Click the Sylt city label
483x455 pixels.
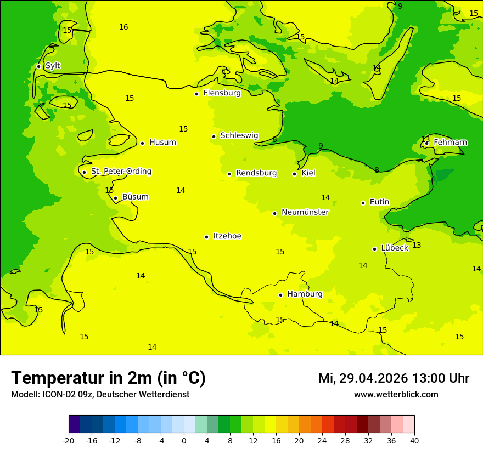[x=53, y=66]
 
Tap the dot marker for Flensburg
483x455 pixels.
[x=196, y=94]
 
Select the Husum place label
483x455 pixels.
[x=162, y=143]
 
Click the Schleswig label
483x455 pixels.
[x=239, y=135]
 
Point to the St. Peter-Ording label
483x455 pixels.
[x=121, y=172]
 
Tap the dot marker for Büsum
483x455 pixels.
[x=115, y=198]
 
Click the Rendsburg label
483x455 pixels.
[x=256, y=173]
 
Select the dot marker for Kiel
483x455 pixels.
[x=294, y=174]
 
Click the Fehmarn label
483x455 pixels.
[x=450, y=143]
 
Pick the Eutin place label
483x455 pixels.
[x=379, y=202]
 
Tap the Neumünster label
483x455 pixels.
[x=305, y=212]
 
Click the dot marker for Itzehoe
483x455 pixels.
[x=206, y=237]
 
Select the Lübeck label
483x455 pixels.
[x=394, y=248]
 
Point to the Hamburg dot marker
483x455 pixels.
[x=280, y=295]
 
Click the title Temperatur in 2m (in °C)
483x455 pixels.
[x=108, y=378]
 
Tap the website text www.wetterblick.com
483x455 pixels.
[x=396, y=395]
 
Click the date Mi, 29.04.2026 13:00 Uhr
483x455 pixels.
[x=394, y=379]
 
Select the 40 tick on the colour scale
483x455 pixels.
[x=414, y=440]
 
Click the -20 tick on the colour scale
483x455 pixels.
[x=69, y=440]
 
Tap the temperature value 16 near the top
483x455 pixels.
[x=123, y=27]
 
